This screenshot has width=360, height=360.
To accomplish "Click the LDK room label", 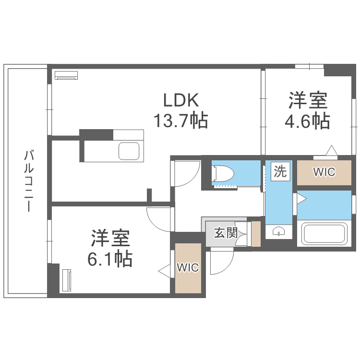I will [x=180, y=100].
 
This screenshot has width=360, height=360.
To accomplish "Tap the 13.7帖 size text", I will [x=180, y=120].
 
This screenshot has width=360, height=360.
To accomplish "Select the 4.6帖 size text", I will [x=308, y=121].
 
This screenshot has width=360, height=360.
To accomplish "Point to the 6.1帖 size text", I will [x=110, y=259].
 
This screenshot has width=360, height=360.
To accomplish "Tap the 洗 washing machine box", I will [x=280, y=171].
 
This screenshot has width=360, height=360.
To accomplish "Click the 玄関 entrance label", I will [x=225, y=234].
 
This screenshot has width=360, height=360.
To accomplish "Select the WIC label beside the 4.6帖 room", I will [x=324, y=172].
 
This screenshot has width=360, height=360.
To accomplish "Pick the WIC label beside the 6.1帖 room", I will [x=187, y=268].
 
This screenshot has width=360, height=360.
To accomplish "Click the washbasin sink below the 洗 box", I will [x=279, y=232].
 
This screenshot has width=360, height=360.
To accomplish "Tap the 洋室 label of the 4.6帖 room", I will [x=308, y=101].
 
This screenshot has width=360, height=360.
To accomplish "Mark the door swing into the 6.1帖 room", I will [x=159, y=218].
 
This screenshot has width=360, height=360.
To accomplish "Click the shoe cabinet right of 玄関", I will [x=255, y=234].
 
